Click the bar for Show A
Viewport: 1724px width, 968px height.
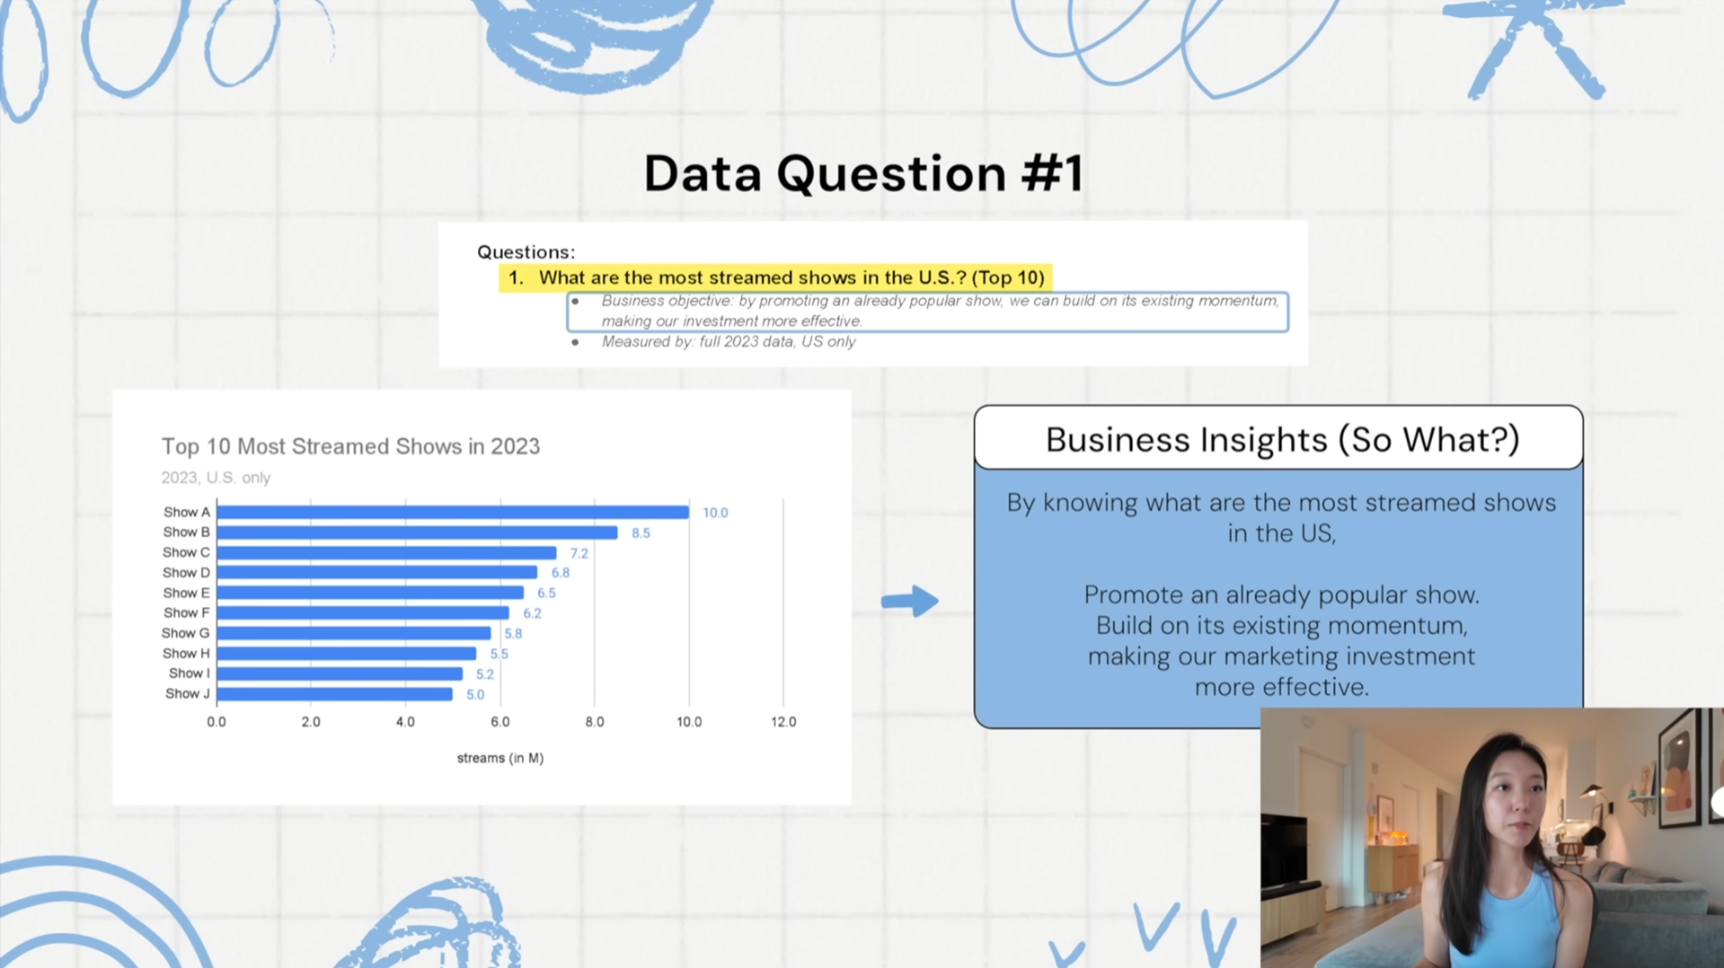(453, 512)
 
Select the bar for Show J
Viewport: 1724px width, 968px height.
(334, 694)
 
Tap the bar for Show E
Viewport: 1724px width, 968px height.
(370, 593)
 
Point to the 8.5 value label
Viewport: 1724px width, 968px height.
(641, 533)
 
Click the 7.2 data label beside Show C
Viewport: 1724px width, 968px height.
(579, 553)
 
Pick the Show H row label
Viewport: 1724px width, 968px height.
(186, 654)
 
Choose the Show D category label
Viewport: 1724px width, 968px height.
(186, 573)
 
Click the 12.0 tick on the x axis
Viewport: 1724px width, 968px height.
(783, 722)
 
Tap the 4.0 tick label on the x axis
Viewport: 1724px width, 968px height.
(405, 722)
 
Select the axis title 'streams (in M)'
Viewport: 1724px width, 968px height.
(500, 758)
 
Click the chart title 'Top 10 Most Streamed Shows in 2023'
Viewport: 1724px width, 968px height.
(350, 446)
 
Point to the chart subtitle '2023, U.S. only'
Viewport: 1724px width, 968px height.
(216, 478)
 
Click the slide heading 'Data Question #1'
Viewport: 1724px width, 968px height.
(863, 173)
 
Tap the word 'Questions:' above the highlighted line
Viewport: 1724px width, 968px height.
(526, 252)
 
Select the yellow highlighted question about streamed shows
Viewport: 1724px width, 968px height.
(776, 278)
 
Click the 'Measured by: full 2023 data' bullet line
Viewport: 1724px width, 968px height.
(729, 342)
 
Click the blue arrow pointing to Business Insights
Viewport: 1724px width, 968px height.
(909, 601)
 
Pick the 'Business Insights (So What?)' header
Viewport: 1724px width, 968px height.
(1282, 440)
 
